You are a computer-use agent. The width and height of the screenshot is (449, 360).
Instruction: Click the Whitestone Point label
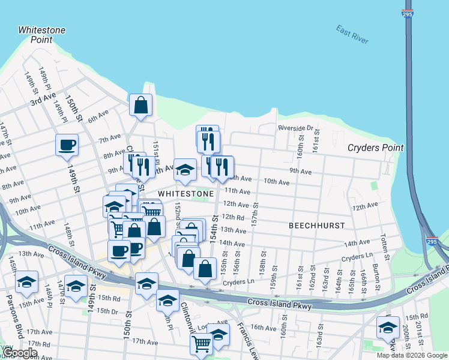(41, 35)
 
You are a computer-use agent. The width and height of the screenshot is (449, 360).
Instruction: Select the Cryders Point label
(376, 148)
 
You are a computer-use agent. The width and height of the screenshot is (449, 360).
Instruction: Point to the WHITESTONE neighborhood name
(186, 194)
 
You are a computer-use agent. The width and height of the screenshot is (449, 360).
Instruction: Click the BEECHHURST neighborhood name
(316, 226)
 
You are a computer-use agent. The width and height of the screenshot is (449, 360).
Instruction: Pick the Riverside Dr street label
(295, 128)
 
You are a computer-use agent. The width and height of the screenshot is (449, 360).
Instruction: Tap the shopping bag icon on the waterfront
(140, 105)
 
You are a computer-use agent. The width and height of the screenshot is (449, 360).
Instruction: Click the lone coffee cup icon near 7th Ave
(66, 144)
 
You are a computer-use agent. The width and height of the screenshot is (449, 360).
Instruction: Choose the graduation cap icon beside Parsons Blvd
(26, 281)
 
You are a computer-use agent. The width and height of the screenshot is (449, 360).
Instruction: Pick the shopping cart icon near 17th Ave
(201, 343)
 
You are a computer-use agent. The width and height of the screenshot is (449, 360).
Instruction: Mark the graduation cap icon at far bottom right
(388, 327)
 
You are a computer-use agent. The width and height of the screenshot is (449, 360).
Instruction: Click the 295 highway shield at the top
(408, 12)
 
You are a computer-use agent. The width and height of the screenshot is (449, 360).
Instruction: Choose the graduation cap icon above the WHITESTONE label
(185, 170)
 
